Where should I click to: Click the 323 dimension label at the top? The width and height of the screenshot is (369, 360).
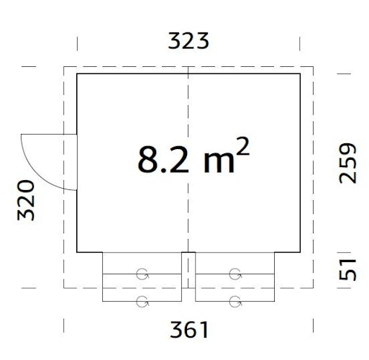click(188, 41)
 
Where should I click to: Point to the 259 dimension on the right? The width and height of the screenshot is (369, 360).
click(347, 163)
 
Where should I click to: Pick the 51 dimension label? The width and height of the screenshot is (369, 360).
click(347, 270)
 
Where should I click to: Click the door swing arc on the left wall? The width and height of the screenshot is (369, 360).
click(36, 155)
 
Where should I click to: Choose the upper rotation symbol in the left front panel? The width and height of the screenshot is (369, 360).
click(142, 274)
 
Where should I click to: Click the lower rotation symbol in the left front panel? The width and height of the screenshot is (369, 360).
click(142, 300)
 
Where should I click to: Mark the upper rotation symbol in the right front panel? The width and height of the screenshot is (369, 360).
click(235, 274)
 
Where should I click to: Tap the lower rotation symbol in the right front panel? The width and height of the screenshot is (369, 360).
click(235, 300)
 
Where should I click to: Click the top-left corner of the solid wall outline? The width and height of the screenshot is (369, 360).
click(77, 73)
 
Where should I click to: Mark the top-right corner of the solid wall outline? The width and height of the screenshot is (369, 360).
click(301, 73)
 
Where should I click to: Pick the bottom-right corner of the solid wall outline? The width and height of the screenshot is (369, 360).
click(301, 252)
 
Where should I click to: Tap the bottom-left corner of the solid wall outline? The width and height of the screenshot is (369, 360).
click(77, 252)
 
